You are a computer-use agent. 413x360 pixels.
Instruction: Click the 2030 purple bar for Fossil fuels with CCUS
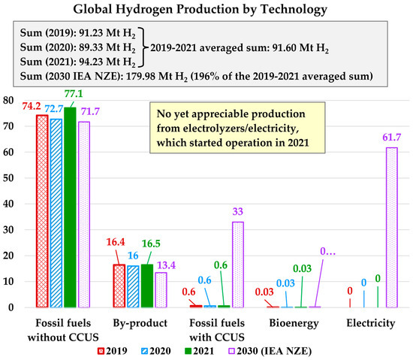click(238, 264)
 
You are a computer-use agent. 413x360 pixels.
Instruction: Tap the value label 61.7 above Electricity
click(391, 140)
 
